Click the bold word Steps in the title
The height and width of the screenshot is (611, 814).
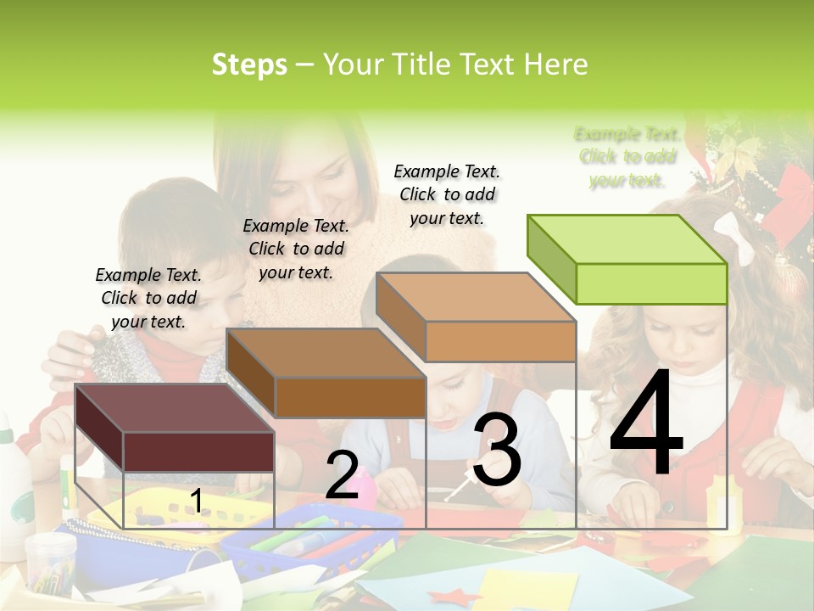[x=249, y=64]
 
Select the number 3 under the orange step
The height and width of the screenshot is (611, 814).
[x=497, y=451]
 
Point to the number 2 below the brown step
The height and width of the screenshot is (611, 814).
[x=342, y=476]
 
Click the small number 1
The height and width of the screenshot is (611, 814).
[x=196, y=502]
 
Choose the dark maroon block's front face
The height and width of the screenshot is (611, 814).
[x=198, y=451]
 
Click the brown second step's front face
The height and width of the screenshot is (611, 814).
[x=350, y=397]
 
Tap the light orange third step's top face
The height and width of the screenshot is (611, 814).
[x=476, y=298]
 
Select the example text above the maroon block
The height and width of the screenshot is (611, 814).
[x=148, y=298]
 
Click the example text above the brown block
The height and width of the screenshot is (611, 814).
[x=296, y=249]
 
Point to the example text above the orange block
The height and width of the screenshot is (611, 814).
[x=447, y=194]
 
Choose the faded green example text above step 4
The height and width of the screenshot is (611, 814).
[x=627, y=157]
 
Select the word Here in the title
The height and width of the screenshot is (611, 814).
[x=555, y=64]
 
